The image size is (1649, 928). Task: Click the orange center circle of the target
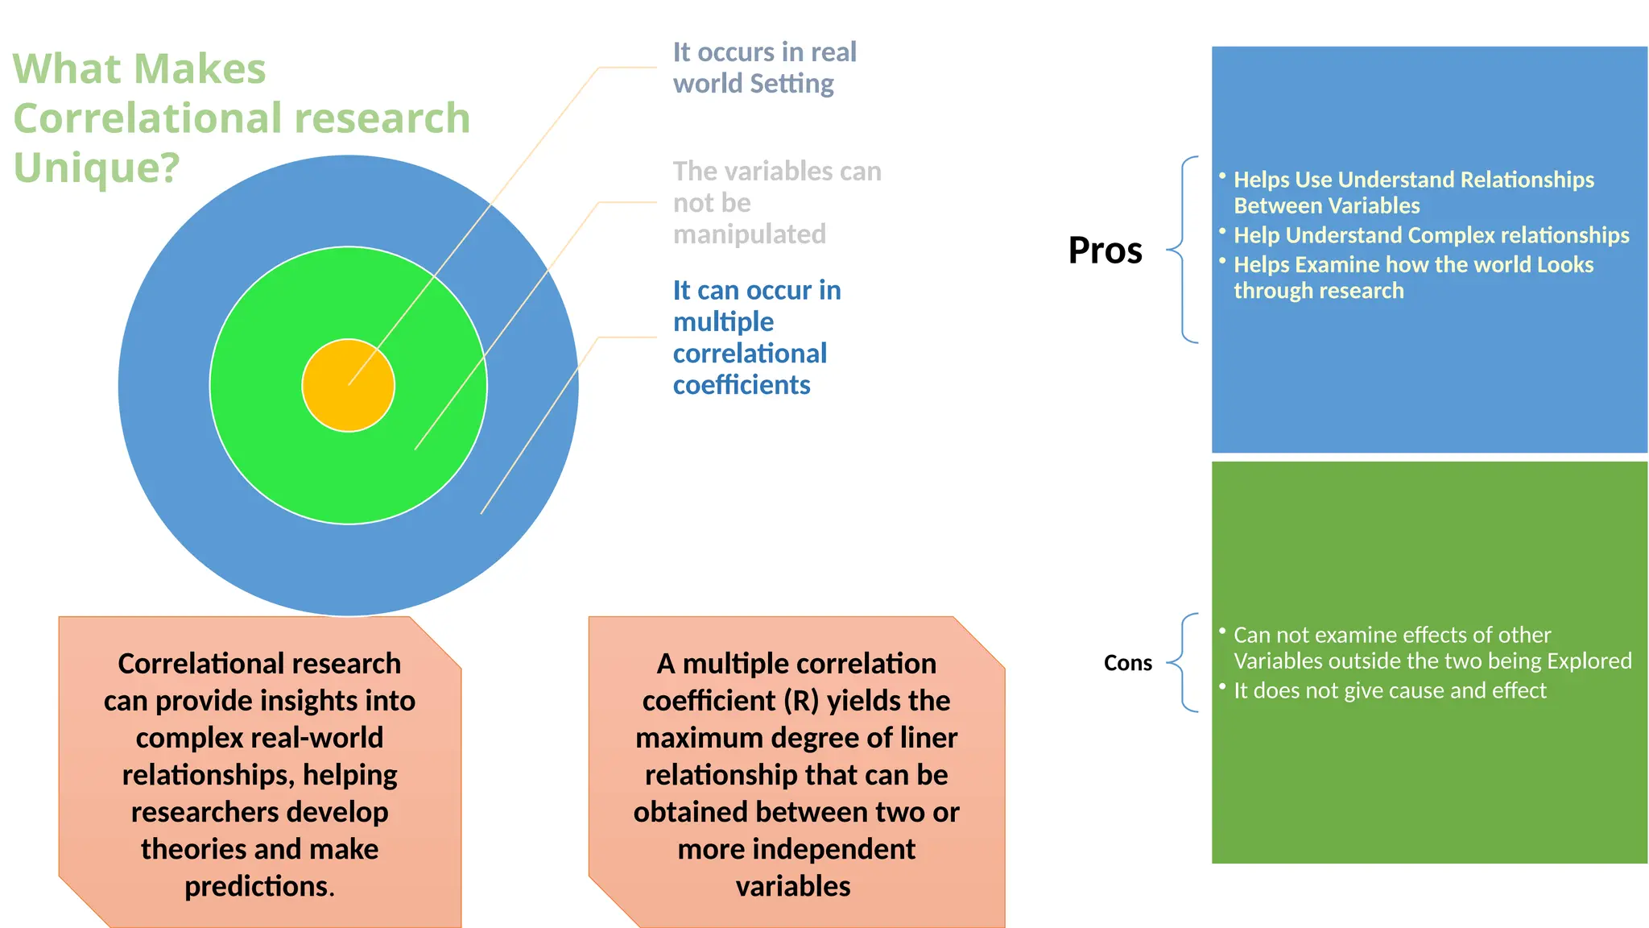click(x=348, y=385)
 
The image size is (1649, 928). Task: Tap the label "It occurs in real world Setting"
click(x=764, y=68)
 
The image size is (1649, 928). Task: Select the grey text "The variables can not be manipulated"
click(x=776, y=202)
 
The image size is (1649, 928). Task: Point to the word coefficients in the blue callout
click(x=742, y=385)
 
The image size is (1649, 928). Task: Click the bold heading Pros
click(x=1105, y=250)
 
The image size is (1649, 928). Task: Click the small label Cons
click(x=1127, y=663)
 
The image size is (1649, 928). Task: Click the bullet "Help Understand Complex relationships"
click(x=1431, y=235)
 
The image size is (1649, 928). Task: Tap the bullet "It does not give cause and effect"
click(x=1390, y=690)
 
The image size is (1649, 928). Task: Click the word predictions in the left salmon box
click(x=259, y=886)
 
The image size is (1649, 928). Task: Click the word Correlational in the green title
click(x=136, y=118)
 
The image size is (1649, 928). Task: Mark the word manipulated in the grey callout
click(x=749, y=234)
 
